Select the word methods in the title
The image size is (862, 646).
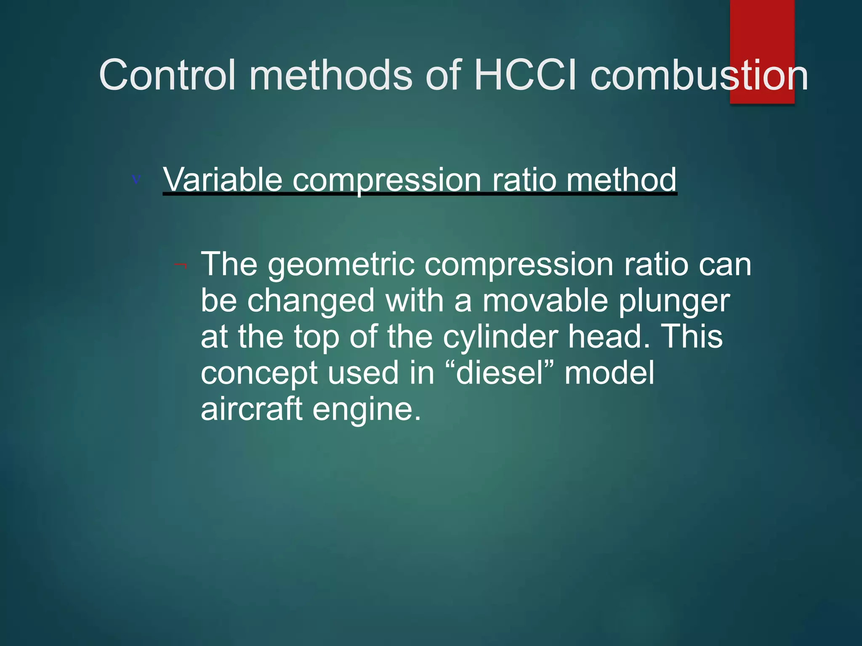(331, 75)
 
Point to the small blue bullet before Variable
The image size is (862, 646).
(136, 180)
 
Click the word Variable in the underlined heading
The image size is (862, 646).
(222, 180)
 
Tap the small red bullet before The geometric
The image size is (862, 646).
(181, 265)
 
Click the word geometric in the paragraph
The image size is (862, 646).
(341, 265)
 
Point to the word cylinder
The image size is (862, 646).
(500, 337)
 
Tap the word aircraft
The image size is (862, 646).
(251, 409)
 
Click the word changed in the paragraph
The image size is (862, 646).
(311, 301)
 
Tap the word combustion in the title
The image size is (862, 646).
(699, 75)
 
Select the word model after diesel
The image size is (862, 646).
(609, 373)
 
